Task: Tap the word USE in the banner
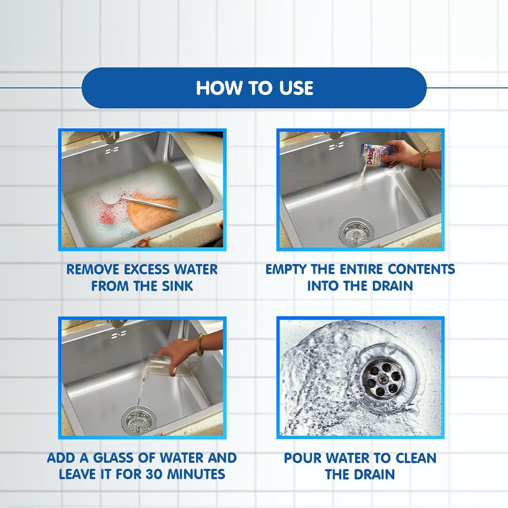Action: pyautogui.click(x=296, y=88)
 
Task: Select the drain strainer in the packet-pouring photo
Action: pyautogui.click(x=356, y=231)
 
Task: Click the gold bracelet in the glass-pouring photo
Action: pyautogui.click(x=201, y=345)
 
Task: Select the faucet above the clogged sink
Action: pyautogui.click(x=110, y=137)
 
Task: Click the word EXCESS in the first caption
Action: pyautogui.click(x=147, y=270)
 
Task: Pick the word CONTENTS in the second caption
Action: pyautogui.click(x=422, y=270)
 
